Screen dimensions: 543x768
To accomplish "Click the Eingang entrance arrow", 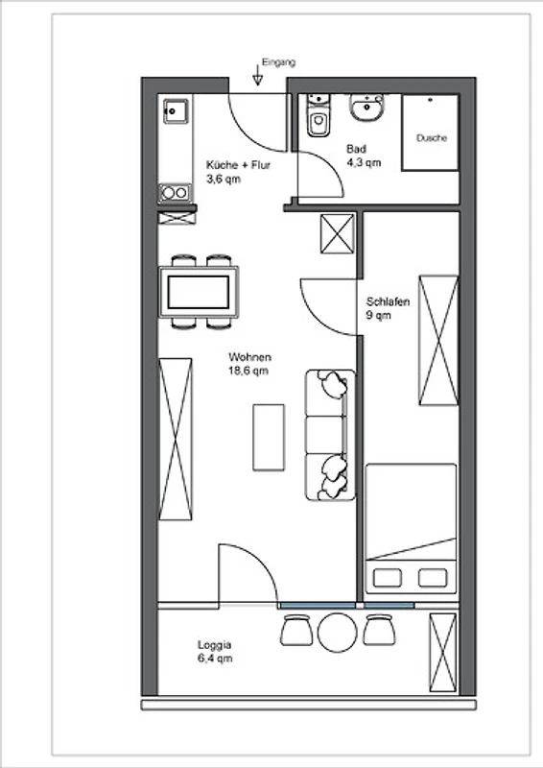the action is [x=257, y=76].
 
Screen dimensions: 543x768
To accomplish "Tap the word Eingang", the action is [x=278, y=62].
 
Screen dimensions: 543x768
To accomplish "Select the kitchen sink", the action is [x=176, y=111].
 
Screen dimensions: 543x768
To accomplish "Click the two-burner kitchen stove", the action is [x=175, y=193].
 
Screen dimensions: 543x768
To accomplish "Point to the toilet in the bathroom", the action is [x=319, y=115].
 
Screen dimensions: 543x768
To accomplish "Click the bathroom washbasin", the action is [x=366, y=107].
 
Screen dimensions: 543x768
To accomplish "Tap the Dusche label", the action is [x=432, y=138].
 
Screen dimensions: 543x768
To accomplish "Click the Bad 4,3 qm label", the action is [x=364, y=156].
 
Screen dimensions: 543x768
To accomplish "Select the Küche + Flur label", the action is [x=238, y=165].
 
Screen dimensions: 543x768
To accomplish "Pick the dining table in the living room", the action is [x=199, y=292].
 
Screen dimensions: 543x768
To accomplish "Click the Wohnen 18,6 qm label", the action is [x=249, y=364].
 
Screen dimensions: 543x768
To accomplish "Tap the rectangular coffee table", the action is [x=269, y=438].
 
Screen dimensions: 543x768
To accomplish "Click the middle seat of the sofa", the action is [x=324, y=435].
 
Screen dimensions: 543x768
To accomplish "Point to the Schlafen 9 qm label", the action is [x=388, y=308].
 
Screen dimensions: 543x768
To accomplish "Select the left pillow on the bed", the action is [x=388, y=578].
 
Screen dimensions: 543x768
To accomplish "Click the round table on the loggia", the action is [x=338, y=633].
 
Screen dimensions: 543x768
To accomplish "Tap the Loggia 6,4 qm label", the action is [x=215, y=652].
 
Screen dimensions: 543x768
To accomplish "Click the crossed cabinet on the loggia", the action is [x=442, y=652].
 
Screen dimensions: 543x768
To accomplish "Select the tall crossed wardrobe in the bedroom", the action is [x=438, y=341].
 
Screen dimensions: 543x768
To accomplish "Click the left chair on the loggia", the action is [x=296, y=631].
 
